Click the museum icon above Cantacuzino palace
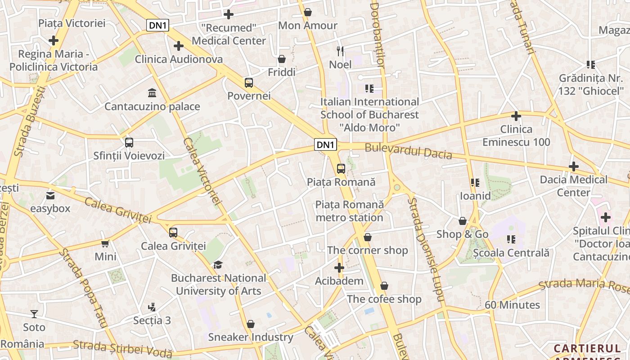[x=152, y=93]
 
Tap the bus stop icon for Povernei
[x=249, y=83]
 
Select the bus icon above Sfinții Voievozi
[x=129, y=143]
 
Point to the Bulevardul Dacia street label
[x=408, y=151]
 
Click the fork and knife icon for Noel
[x=340, y=51]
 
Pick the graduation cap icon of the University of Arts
[x=218, y=265]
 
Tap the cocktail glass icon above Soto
[x=34, y=314]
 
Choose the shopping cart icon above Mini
[x=105, y=243]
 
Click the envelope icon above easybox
[x=50, y=196]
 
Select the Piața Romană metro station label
[x=350, y=211]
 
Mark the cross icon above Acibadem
[x=339, y=268]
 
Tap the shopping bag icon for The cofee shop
[x=384, y=286]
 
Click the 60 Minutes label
[x=512, y=305]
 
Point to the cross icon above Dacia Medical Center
[x=574, y=166]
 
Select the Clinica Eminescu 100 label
[x=516, y=135]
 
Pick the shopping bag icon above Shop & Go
[x=463, y=221]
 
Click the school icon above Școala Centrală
[x=511, y=239]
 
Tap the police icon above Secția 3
[x=152, y=307]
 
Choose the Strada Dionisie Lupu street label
[x=425, y=250]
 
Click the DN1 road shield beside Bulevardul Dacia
[x=325, y=144]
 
